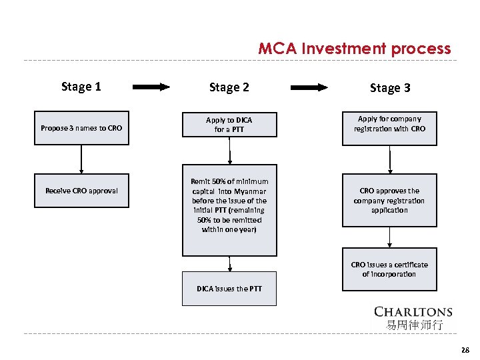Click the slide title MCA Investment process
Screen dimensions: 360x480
point(354,49)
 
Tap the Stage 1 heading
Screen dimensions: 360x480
point(81,86)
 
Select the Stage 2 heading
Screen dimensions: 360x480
point(229,87)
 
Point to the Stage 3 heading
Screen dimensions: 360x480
point(390,88)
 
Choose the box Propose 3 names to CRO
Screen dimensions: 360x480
point(81,127)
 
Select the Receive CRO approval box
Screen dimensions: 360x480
point(81,191)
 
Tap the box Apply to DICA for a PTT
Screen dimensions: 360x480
point(229,125)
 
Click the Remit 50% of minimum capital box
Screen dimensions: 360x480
point(229,210)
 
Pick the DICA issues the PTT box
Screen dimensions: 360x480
point(229,289)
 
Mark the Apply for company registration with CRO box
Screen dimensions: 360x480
point(389,127)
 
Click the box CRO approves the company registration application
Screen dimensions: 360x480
point(389,200)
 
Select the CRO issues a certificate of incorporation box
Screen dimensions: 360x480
point(389,269)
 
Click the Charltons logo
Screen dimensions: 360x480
point(413,312)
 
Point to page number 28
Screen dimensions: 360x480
point(465,349)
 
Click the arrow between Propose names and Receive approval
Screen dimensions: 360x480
point(81,159)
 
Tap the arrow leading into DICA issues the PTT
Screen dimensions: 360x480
point(229,264)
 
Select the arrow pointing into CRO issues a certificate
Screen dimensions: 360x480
point(389,237)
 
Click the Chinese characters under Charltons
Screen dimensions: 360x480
point(413,325)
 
